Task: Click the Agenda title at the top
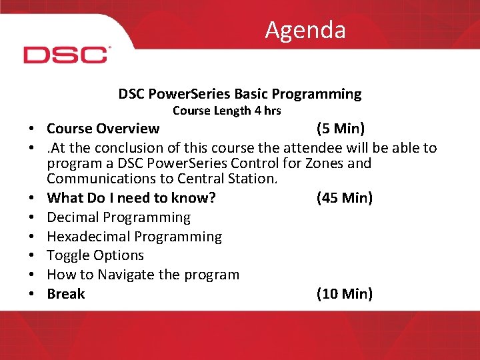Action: coord(305,30)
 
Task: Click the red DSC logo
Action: coord(66,55)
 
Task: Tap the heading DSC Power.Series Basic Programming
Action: coord(240,94)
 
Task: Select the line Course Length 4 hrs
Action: coord(227,111)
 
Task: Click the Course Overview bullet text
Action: coord(103,129)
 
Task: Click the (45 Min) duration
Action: coord(344,198)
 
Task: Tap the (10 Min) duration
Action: coord(344,294)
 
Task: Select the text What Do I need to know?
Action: coord(131,198)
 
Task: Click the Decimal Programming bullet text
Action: coord(119,217)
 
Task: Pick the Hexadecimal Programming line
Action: coord(135,237)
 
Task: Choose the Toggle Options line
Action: coord(95,255)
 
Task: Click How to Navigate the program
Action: coord(143,275)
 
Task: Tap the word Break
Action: coord(66,294)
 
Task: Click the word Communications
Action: coord(100,179)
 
